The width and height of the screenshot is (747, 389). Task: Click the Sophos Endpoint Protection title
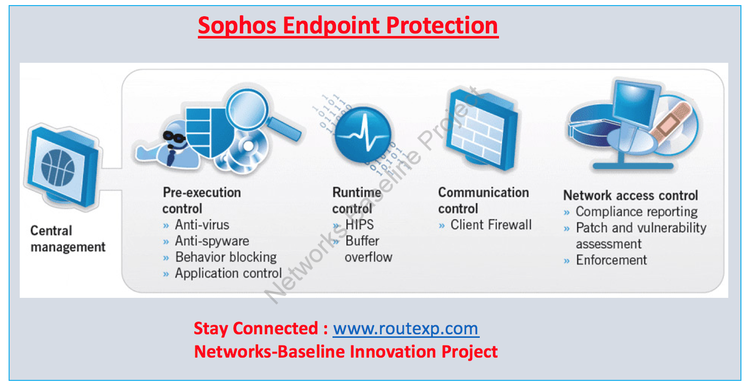(x=348, y=25)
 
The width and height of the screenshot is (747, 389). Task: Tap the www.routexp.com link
(x=406, y=329)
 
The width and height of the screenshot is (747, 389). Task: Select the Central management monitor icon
(x=61, y=167)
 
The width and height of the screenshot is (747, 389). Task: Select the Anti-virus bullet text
(x=202, y=225)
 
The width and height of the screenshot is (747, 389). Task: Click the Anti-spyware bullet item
(x=212, y=241)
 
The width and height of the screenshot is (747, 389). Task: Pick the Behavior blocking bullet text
(x=226, y=257)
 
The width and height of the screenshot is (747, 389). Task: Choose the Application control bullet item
(x=228, y=274)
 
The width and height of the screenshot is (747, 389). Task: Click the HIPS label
(x=359, y=225)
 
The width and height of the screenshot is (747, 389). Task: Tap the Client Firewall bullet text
(x=491, y=225)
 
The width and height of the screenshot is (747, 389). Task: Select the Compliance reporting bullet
(x=636, y=212)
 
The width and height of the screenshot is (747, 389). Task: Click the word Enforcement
(x=611, y=260)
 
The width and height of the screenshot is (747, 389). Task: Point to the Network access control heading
(x=631, y=196)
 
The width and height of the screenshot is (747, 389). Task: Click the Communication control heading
(x=483, y=201)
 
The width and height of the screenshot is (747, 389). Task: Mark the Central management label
(x=68, y=239)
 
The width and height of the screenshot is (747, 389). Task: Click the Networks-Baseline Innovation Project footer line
(x=346, y=352)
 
